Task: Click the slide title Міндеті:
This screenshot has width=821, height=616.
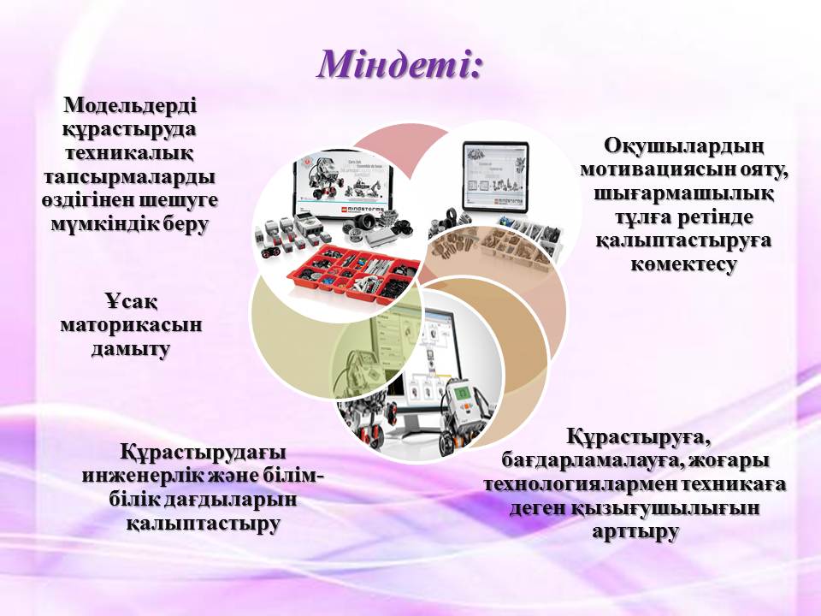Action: (399, 65)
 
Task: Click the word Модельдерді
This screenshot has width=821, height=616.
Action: (130, 105)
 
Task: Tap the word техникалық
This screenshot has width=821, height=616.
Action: (129, 153)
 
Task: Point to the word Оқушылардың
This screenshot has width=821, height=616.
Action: (683, 146)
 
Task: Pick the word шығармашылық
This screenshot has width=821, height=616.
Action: (683, 193)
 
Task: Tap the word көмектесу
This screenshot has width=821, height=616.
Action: (683, 264)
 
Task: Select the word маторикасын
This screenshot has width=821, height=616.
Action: (131, 325)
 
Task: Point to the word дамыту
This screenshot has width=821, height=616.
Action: (131, 349)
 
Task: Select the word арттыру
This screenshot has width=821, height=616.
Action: (635, 531)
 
